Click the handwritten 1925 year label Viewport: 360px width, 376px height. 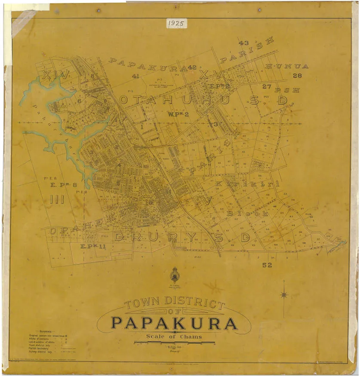pyautogui.click(x=176, y=23)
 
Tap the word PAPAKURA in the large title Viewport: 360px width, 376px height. pyautogui.click(x=174, y=323)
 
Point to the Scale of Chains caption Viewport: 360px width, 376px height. pyautogui.click(x=174, y=336)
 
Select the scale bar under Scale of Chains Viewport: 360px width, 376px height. pyautogui.click(x=174, y=342)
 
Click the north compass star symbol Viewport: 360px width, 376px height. pyautogui.click(x=284, y=294)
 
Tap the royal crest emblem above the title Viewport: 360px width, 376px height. pyautogui.click(x=175, y=275)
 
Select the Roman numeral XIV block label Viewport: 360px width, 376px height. pyautogui.click(x=53, y=75)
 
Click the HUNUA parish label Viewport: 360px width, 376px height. pyautogui.click(x=287, y=66)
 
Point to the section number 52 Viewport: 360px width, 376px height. pyautogui.click(x=267, y=265)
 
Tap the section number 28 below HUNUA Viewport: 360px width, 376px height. pyautogui.click(x=297, y=76)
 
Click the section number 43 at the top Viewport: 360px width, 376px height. pyautogui.click(x=243, y=43)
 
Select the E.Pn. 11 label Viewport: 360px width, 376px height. pyautogui.click(x=93, y=246)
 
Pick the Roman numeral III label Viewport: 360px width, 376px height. pyautogui.click(x=57, y=199)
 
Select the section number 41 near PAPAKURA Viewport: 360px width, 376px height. pyautogui.click(x=136, y=76)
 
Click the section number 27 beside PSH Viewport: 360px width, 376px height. pyautogui.click(x=267, y=86)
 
